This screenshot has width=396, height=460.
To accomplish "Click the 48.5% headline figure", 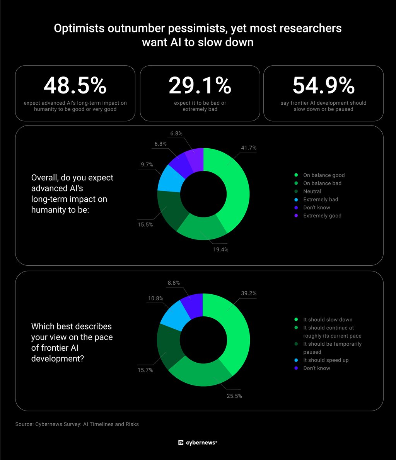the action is [75, 85].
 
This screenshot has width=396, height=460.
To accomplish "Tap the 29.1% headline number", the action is [200, 85].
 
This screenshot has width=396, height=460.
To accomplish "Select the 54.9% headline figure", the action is [323, 85].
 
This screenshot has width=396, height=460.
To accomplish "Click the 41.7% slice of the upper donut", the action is [235, 188].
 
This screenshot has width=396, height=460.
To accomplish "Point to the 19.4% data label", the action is [220, 250].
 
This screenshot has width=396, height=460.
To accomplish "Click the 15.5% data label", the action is [145, 224].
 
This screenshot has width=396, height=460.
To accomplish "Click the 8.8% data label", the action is [174, 283].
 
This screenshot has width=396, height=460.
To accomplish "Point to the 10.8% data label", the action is [155, 298].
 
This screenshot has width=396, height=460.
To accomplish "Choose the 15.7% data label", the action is [145, 370].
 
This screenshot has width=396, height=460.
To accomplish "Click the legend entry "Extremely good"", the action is [322, 216].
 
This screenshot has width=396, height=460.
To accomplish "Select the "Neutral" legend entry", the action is [312, 191].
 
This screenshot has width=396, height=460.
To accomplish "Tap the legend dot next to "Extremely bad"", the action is [296, 200].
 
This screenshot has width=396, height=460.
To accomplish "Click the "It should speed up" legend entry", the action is [326, 360].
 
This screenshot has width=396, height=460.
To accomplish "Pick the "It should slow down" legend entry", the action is [328, 319].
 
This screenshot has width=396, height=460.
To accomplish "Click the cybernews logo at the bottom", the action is [198, 443].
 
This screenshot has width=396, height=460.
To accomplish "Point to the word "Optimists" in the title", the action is [79, 29].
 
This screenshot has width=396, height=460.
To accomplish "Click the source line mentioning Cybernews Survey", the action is [77, 424].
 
